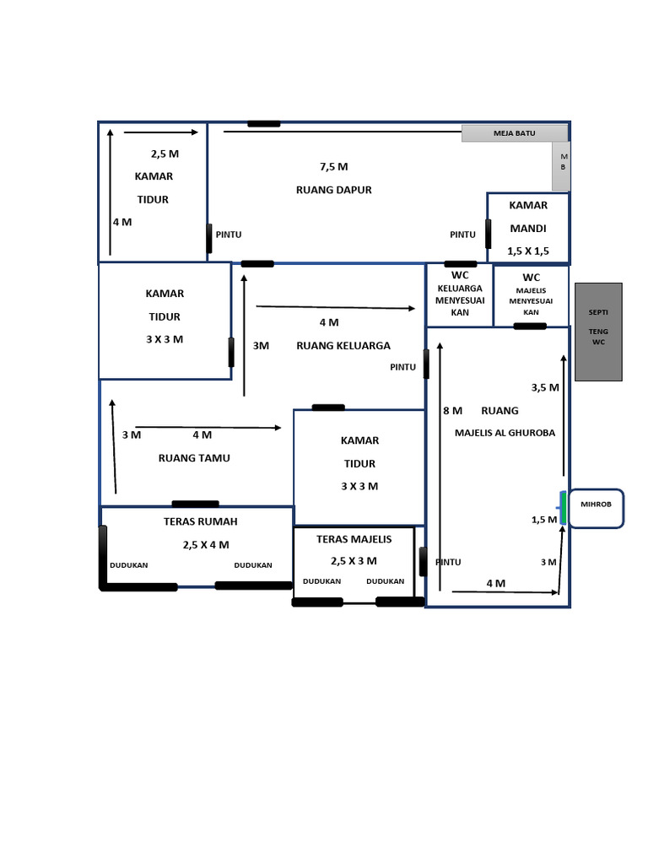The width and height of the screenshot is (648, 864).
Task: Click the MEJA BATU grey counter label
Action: tap(515, 133)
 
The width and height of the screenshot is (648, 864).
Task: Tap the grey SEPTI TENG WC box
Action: tap(598, 332)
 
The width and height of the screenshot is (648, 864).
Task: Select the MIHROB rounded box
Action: tap(597, 509)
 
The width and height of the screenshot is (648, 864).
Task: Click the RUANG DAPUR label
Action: tap(334, 190)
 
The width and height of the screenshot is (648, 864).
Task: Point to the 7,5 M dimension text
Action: tap(334, 167)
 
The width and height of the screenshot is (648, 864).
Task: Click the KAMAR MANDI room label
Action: tap(528, 217)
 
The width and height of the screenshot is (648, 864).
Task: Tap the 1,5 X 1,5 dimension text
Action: tap(528, 251)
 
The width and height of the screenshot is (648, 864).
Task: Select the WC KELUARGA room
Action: tap(460, 294)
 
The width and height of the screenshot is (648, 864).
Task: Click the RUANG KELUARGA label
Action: tap(343, 346)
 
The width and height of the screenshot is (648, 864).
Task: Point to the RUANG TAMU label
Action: tap(194, 458)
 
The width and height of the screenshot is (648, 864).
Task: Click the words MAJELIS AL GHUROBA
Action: tap(505, 433)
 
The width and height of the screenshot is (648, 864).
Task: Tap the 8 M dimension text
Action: tap(453, 411)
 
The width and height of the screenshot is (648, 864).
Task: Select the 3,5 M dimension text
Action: tap(545, 388)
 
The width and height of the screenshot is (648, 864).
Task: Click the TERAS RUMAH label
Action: tap(201, 521)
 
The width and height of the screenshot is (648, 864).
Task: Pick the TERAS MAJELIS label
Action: tap(354, 539)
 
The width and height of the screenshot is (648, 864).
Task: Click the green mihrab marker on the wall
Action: tap(563, 507)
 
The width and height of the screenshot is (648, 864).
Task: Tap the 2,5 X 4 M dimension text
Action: tap(206, 545)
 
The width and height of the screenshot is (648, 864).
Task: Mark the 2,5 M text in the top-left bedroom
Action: tap(165, 154)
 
